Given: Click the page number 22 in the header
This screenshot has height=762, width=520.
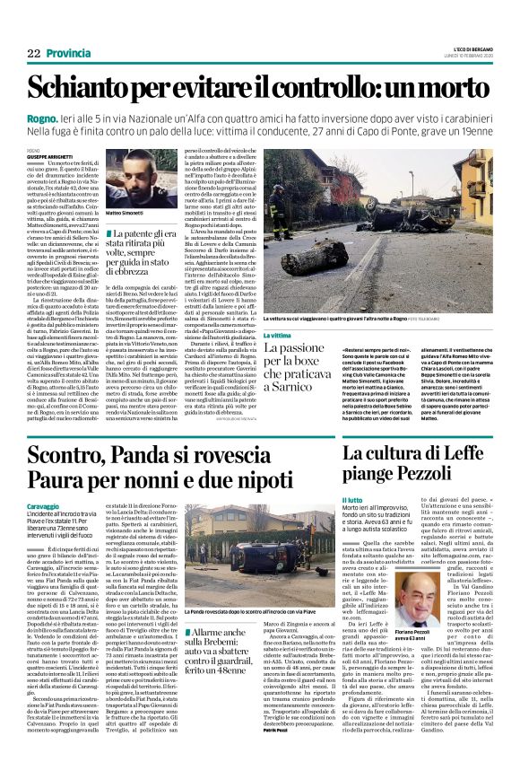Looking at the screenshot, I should [x=33, y=54].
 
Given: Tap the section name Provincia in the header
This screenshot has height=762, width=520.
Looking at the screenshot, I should [x=68, y=54].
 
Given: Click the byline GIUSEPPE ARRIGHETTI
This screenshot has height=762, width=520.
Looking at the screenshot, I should [x=48, y=156].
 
